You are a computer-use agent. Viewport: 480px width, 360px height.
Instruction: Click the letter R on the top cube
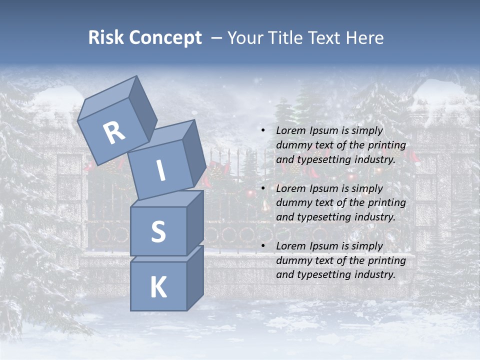(x=114, y=133)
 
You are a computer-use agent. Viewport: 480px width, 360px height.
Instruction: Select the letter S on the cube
(x=158, y=231)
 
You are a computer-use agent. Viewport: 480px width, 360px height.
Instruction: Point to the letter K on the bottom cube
(x=158, y=287)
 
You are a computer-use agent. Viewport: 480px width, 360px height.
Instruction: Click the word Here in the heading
(x=364, y=38)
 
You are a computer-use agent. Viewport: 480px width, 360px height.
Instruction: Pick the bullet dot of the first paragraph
(x=263, y=130)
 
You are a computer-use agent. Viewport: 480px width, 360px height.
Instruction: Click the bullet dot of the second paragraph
(x=263, y=188)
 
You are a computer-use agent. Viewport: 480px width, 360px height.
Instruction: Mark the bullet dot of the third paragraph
(x=263, y=246)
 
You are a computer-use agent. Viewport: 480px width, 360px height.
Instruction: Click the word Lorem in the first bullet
(x=290, y=130)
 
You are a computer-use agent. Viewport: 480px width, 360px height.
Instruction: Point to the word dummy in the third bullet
(x=292, y=260)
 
